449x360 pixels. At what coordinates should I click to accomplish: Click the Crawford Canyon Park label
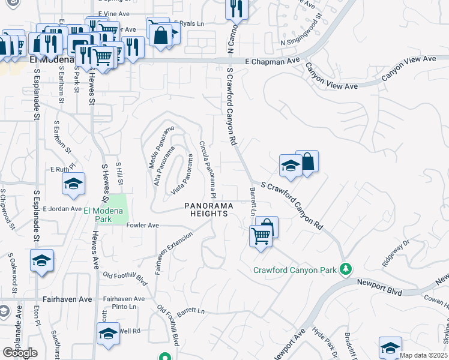point(295,270)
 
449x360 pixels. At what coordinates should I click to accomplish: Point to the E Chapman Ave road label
point(273,61)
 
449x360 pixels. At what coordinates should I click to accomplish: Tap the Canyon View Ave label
point(409,68)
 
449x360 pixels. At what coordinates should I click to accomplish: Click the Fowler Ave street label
point(142,226)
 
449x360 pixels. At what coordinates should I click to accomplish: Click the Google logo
point(20,353)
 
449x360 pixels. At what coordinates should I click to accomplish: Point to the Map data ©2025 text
point(424,355)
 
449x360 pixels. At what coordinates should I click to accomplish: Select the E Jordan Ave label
point(62,209)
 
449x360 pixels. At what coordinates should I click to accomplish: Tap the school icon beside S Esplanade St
point(41,261)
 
